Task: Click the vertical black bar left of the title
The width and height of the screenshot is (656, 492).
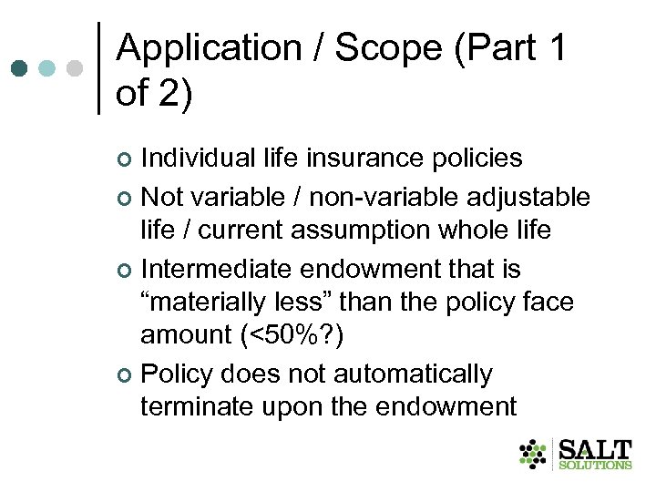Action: coord(98,68)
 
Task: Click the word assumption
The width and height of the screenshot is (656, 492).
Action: coord(348,231)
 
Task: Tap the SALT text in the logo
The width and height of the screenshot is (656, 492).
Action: coord(594,449)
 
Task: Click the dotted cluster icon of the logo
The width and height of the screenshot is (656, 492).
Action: coord(533,454)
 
